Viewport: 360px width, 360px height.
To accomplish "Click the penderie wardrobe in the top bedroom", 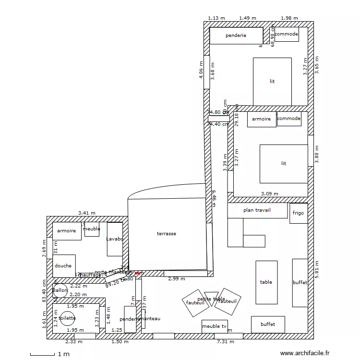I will point(236,35).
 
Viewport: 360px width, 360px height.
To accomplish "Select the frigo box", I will point(298,213).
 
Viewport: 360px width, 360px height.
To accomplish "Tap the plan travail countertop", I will point(257,210).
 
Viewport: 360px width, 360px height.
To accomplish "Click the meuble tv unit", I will point(214,326).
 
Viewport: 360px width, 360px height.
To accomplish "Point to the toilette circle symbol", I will point(68,318).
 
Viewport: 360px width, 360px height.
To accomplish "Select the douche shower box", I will point(63,265).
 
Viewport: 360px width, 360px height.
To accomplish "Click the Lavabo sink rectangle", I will point(115,239).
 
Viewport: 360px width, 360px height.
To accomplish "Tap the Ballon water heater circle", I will point(60,290).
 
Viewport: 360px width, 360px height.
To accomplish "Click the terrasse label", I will point(167,234).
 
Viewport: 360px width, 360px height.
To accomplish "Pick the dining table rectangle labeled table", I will point(266,282).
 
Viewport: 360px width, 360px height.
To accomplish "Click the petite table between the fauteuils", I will point(210,299).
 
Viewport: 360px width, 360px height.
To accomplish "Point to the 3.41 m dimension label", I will point(87,213).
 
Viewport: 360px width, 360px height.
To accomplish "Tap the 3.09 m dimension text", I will point(269,194).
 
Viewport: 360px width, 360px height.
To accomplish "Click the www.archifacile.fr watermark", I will point(305,353).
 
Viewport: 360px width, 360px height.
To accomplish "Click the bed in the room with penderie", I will point(272,81).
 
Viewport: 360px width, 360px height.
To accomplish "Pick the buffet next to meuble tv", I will point(268,324).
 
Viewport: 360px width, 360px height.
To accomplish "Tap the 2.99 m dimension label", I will point(177,279).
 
